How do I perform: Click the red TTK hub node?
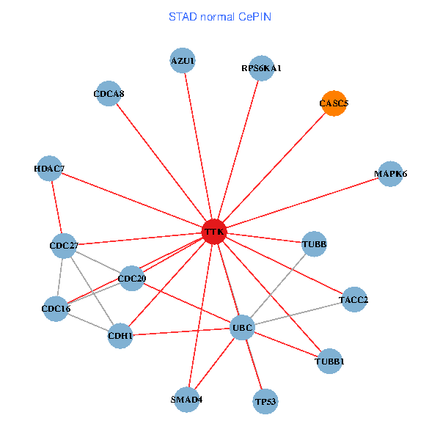(x=214, y=232)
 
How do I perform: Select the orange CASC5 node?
(x=334, y=103)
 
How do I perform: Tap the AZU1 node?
(x=183, y=60)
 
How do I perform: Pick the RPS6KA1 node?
(x=261, y=68)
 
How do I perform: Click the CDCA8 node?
(x=109, y=94)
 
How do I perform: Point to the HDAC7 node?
(x=49, y=169)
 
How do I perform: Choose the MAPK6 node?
(x=390, y=174)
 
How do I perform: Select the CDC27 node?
(x=64, y=245)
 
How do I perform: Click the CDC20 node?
(x=132, y=278)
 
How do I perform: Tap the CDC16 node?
(x=56, y=309)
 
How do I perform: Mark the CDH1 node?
(x=120, y=336)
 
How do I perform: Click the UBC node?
(x=242, y=326)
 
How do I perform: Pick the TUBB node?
(x=315, y=243)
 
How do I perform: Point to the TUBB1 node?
(x=330, y=361)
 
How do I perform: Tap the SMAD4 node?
(x=186, y=399)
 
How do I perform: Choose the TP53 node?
(x=265, y=401)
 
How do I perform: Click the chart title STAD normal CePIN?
(x=220, y=16)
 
